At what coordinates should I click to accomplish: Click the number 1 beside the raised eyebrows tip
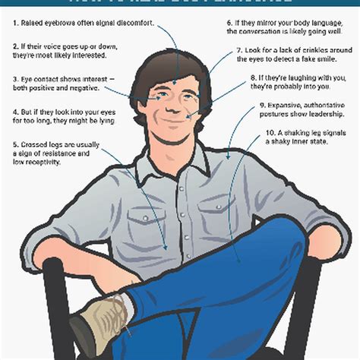pos(15,24)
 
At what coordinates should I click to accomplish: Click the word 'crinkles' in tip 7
pos(318,50)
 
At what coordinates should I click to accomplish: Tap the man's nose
pos(177,100)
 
